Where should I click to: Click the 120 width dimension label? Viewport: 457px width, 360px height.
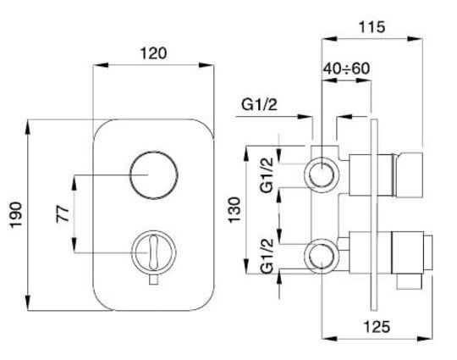(153, 53)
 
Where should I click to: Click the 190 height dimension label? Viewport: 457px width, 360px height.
(15, 214)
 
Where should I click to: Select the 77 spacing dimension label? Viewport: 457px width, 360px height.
(63, 213)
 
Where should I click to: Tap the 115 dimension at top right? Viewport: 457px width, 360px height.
(372, 27)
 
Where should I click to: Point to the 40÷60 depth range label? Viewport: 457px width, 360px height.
(347, 69)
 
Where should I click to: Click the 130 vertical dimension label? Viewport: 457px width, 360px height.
(234, 210)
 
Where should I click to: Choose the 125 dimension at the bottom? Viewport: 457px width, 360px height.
(377, 326)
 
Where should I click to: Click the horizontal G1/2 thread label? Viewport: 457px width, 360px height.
(259, 105)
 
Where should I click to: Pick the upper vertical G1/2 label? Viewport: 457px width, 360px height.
(267, 174)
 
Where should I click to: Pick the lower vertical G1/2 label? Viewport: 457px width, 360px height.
(267, 256)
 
